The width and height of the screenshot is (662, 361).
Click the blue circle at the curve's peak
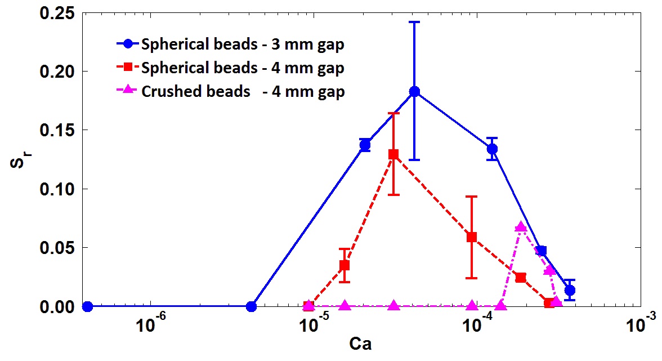click(414, 92)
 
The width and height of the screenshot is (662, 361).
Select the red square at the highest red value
click(393, 154)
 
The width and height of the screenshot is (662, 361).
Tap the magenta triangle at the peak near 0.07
click(521, 227)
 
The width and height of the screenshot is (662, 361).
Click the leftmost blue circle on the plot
click(87, 306)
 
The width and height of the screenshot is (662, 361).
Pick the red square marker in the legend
click(128, 68)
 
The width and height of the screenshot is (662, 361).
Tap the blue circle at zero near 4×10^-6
click(252, 306)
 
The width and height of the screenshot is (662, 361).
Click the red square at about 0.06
click(472, 237)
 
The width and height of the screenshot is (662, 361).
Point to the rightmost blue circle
click(570, 291)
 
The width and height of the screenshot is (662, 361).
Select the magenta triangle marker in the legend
click(128, 91)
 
